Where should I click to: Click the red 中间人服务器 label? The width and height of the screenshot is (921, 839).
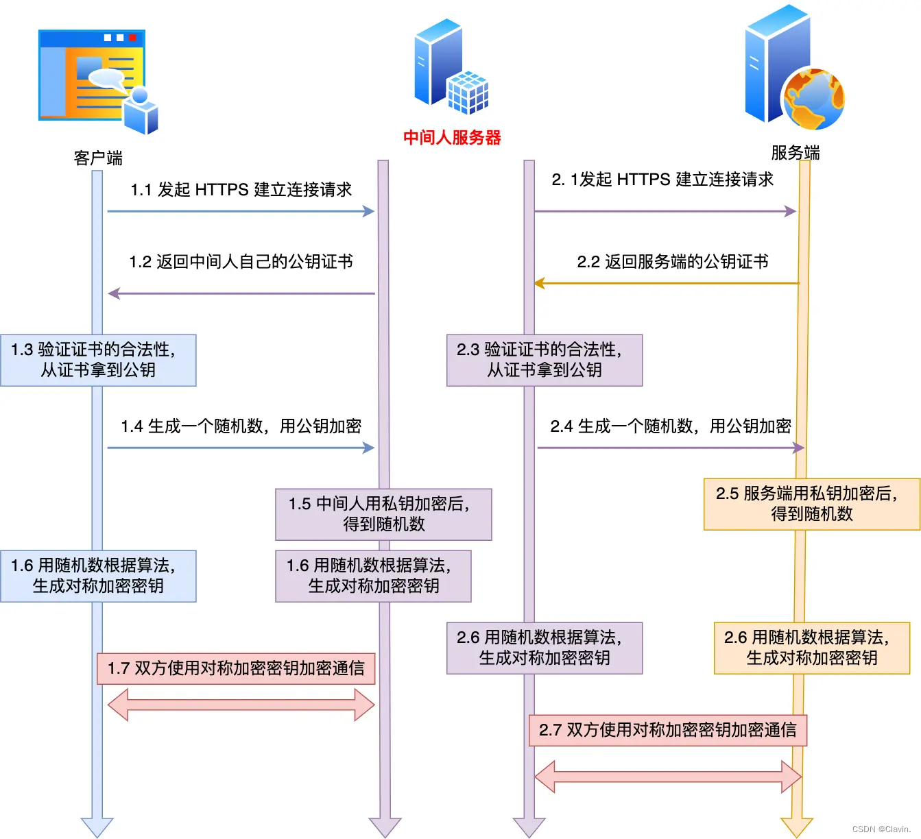point(452,138)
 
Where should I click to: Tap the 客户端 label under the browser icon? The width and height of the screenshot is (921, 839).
point(98,158)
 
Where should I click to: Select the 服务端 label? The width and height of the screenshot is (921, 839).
point(796,152)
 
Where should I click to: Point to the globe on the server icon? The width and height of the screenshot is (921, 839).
point(813,99)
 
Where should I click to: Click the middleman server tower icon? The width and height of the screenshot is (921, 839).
point(449,67)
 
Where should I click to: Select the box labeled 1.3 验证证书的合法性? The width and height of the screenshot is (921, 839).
point(98,360)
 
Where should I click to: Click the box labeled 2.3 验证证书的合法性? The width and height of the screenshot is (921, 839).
point(545,360)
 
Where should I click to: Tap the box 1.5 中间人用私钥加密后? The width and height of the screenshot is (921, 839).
point(383,514)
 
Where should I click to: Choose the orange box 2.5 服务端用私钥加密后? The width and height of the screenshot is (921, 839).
point(812,504)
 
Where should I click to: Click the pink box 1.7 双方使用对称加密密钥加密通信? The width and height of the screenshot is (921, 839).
point(236,668)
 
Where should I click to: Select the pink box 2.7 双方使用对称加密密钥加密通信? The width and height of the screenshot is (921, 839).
point(667,730)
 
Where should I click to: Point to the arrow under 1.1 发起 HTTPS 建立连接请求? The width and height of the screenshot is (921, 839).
point(241,211)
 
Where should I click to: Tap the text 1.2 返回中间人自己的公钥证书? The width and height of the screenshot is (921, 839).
point(241,262)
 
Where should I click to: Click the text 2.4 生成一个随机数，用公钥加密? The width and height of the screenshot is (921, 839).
point(671,426)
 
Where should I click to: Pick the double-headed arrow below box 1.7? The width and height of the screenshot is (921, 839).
point(241,705)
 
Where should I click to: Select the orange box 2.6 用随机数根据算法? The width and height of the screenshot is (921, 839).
point(812,648)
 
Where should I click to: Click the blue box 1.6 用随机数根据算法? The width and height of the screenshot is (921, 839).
point(98,576)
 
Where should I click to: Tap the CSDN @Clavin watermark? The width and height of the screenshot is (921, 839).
point(881,829)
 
